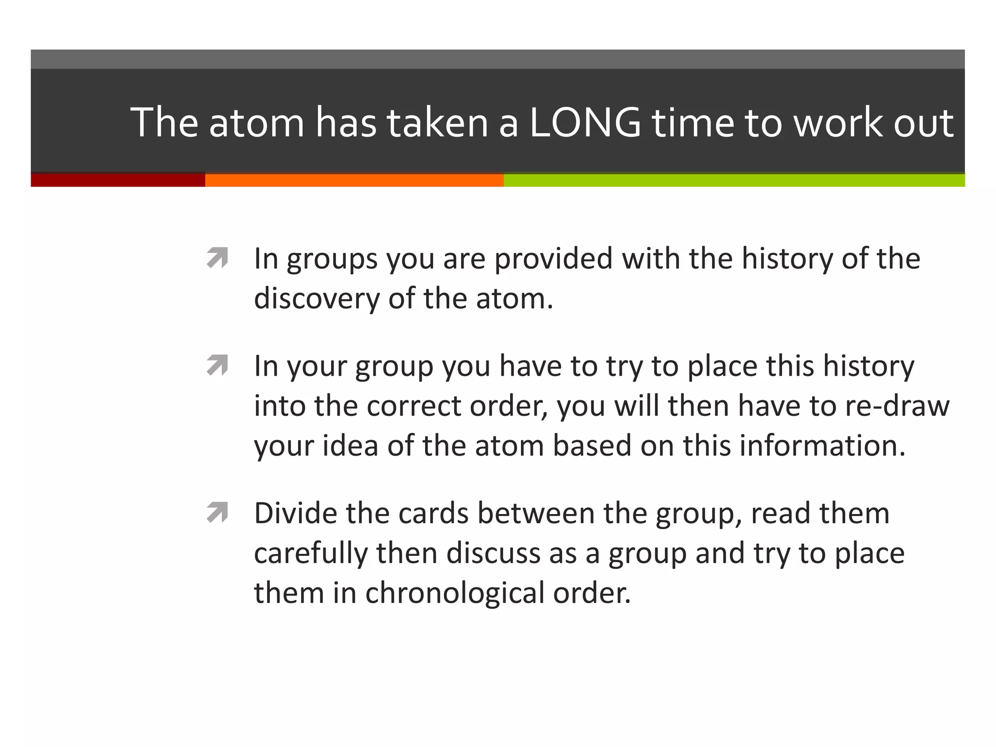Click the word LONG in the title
pos(585,123)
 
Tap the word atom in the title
pos(257,124)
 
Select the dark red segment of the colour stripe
pos(118,180)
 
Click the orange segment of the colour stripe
pos(354,180)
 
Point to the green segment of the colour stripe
pos(734,180)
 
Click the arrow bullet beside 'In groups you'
pos(217,257)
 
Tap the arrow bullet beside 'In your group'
pos(217,365)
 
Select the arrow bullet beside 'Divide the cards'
pos(217,512)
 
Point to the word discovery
pos(317,299)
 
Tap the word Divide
pos(295,513)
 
